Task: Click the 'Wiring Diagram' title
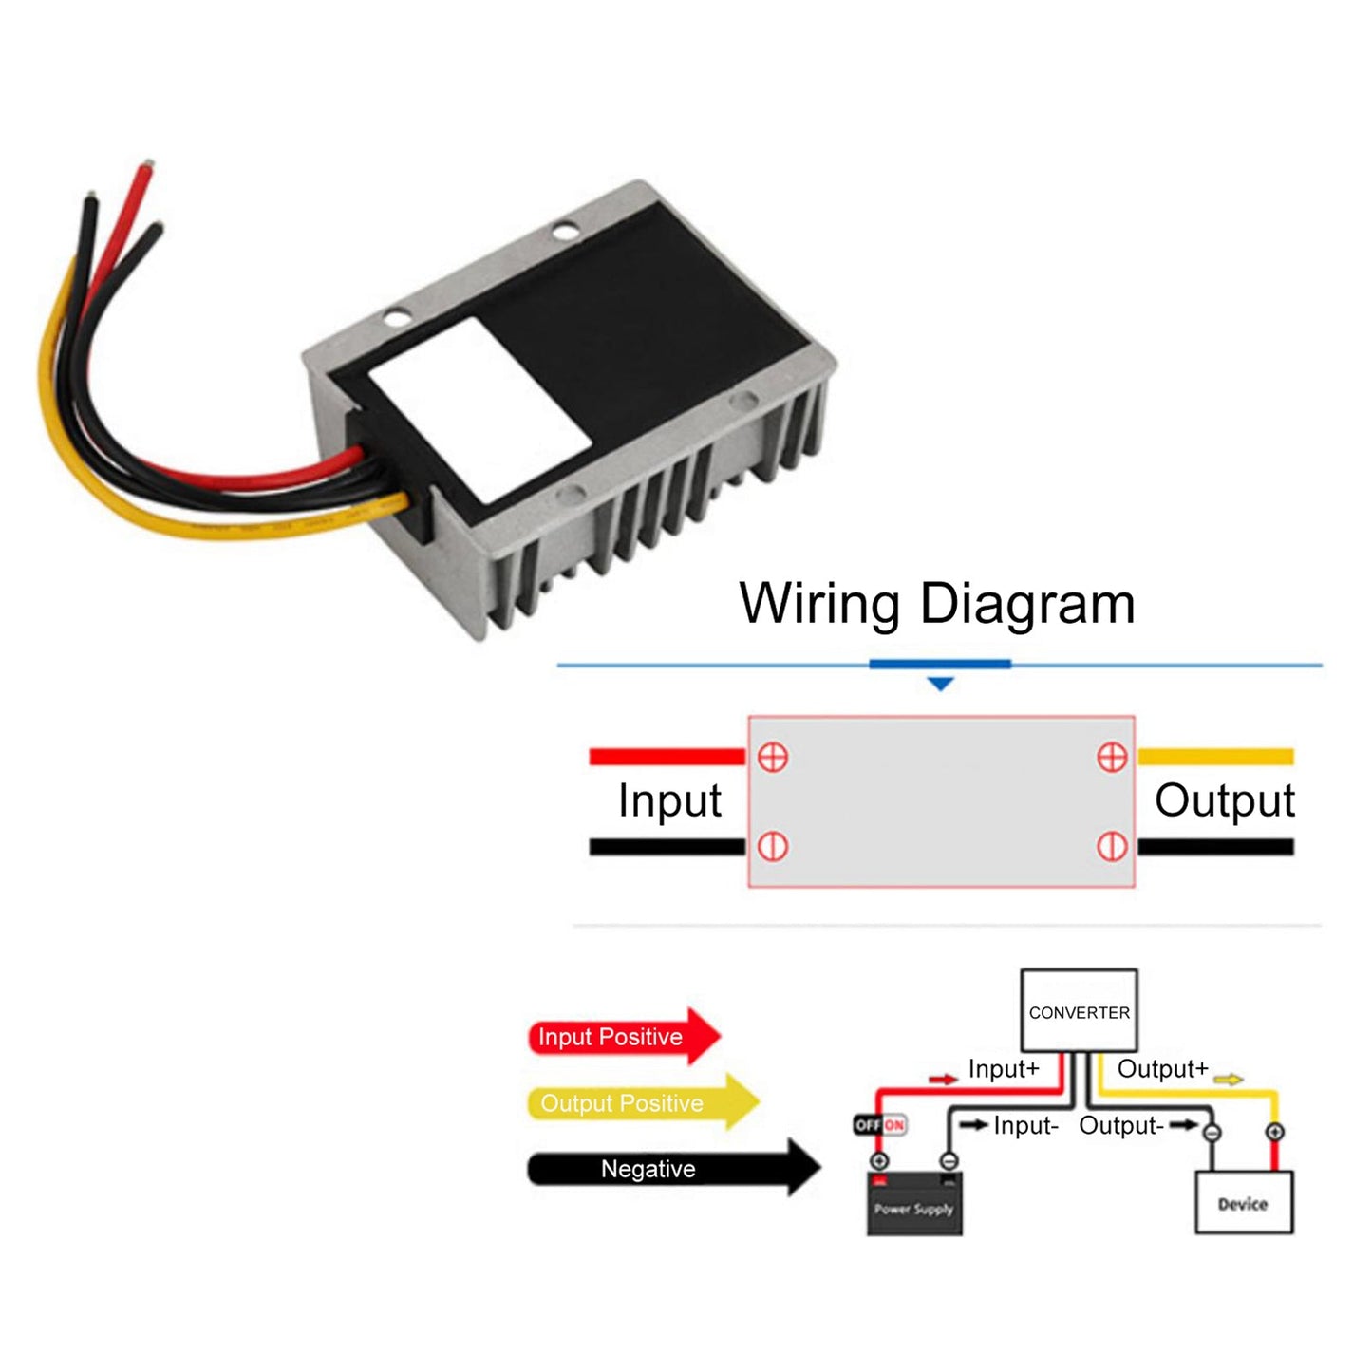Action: click(936, 604)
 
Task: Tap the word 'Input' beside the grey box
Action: click(669, 800)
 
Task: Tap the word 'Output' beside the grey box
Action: click(1224, 800)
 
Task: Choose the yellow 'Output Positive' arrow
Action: click(642, 1102)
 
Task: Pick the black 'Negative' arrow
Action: click(672, 1168)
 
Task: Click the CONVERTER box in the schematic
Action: click(1079, 1011)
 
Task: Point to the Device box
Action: click(1243, 1203)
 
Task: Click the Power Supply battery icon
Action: click(913, 1204)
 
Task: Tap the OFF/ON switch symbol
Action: click(880, 1125)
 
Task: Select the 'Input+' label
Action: click(1004, 1069)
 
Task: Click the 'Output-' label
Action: click(1120, 1126)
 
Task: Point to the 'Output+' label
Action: click(1162, 1069)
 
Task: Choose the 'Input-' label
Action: click(1025, 1126)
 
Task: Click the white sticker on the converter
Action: click(479, 410)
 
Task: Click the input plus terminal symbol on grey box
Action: click(773, 757)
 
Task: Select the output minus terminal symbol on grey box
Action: click(1112, 846)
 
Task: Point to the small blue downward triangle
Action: click(940, 684)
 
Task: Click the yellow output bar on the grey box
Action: click(1215, 757)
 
